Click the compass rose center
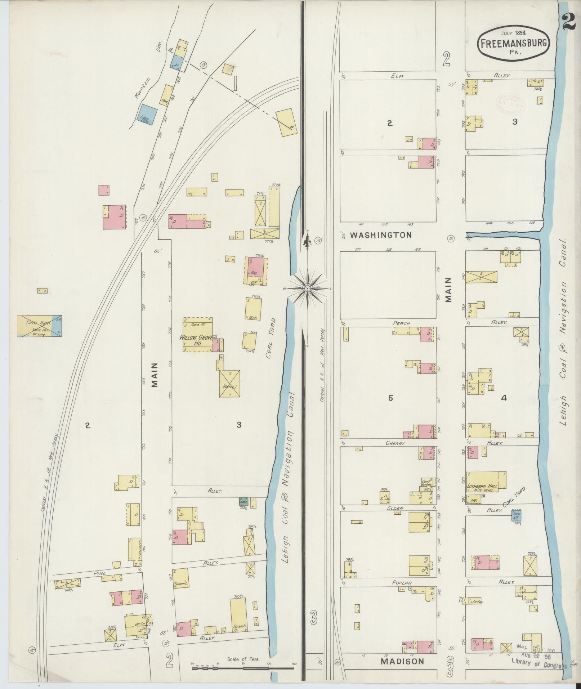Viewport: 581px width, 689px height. tap(308, 289)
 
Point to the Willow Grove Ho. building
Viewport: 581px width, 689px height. tap(197, 334)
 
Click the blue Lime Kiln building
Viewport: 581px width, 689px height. tap(148, 115)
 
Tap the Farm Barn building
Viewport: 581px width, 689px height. tap(39, 326)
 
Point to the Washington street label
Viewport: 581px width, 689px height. tap(381, 235)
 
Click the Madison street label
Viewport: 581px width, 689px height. tap(402, 662)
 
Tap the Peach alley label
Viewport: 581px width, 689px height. tap(401, 323)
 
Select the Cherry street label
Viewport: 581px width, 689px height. tap(395, 443)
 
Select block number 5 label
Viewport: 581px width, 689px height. tap(390, 398)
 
